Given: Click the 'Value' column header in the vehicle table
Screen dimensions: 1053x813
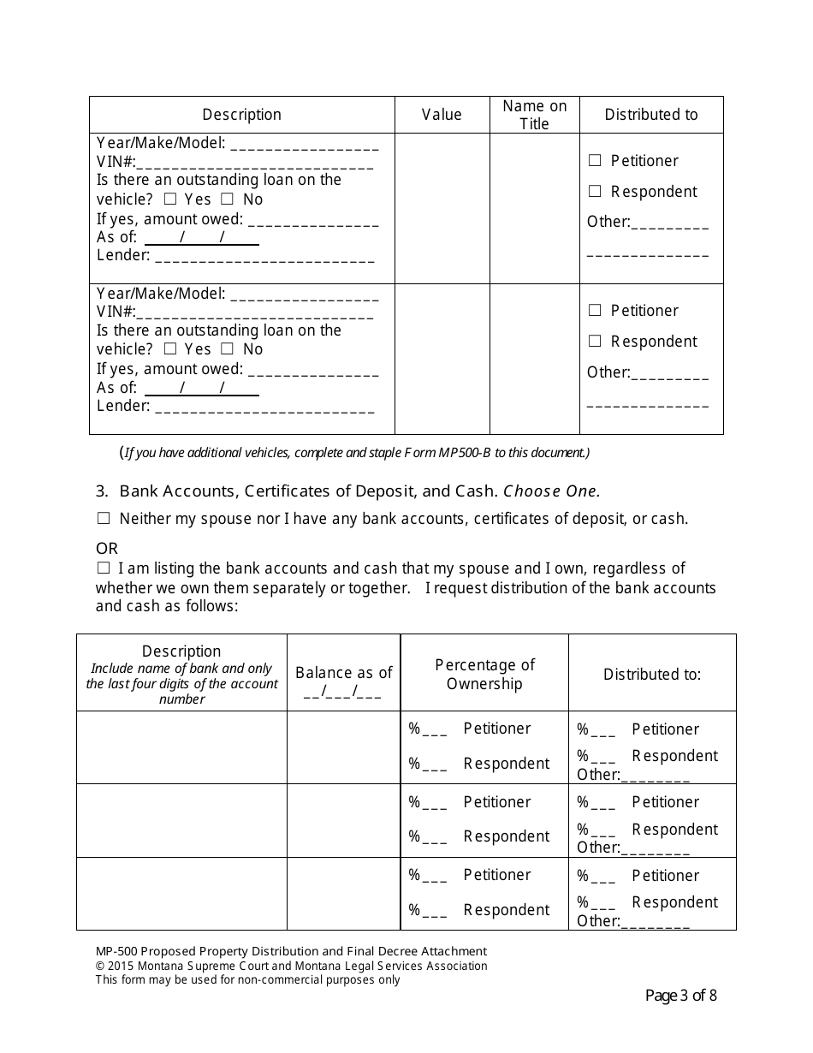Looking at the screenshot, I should pyautogui.click(x=442, y=115).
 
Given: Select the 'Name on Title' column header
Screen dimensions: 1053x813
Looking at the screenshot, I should pyautogui.click(x=534, y=115).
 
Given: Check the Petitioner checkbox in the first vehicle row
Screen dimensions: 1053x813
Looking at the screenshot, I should pyautogui.click(x=595, y=161).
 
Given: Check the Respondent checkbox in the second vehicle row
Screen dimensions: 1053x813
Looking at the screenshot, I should pyautogui.click(x=595, y=342).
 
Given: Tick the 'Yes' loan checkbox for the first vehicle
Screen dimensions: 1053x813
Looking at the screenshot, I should pyautogui.click(x=170, y=199).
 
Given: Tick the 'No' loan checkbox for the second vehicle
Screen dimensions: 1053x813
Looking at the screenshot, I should pyautogui.click(x=228, y=349).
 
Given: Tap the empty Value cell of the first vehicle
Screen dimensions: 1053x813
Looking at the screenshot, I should pyautogui.click(x=442, y=208).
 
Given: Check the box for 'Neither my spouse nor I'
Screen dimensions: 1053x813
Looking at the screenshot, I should pyautogui.click(x=104, y=519).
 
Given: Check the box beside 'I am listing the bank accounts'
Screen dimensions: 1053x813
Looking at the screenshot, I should pyautogui.click(x=104, y=568).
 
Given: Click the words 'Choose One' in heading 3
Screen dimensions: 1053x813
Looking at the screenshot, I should pyautogui.click(x=550, y=491).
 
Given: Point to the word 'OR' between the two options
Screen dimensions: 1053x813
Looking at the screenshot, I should pyautogui.click(x=107, y=548).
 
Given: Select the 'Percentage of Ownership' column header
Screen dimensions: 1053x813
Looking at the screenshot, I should pyautogui.click(x=484, y=675).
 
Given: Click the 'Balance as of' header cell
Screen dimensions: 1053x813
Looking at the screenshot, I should pyautogui.click(x=343, y=674).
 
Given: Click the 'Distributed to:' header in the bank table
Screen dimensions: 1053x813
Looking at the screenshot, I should pyautogui.click(x=652, y=675).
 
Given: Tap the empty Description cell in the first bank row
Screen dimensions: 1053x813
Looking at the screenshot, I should pyautogui.click(x=181, y=747).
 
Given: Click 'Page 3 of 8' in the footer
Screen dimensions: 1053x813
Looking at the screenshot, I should pyautogui.click(x=680, y=996).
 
